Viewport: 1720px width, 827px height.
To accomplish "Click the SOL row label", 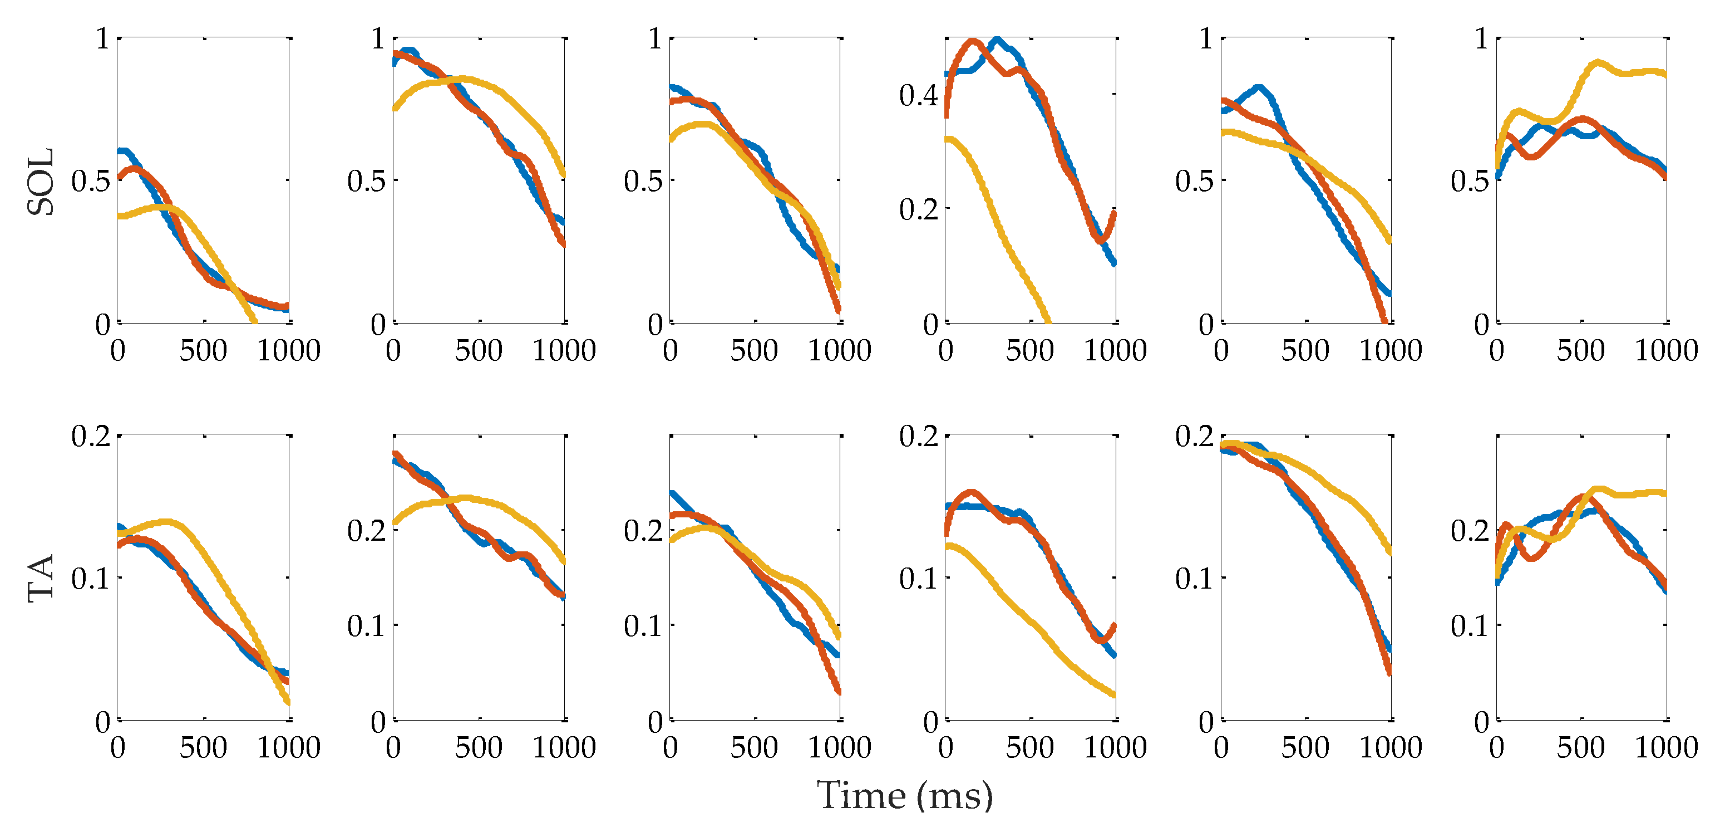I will [41, 181].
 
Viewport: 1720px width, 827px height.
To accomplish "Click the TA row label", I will [41, 579].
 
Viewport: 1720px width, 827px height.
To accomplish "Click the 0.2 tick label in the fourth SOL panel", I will [918, 209].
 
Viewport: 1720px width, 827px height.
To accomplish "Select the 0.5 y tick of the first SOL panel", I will [91, 180].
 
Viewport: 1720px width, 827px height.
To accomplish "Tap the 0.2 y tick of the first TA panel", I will [91, 436].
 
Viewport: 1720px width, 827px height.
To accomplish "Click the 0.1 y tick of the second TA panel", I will [367, 626].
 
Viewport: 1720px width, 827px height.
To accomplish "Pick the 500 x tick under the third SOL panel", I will [754, 350].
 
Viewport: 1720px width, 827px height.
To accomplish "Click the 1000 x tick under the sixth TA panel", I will [1666, 747].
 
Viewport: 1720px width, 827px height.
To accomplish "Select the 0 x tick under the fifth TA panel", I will [1221, 747].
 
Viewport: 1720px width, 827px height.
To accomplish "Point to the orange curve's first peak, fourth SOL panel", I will [972, 41].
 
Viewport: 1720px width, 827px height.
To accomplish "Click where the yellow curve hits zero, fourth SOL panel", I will [1048, 321].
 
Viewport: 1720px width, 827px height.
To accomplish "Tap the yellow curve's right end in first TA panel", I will [288, 702].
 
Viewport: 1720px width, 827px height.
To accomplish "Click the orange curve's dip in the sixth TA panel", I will [1532, 557].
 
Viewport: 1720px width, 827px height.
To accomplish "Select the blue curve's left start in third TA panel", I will [672, 493].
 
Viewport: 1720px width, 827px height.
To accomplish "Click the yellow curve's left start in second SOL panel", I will [395, 107].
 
